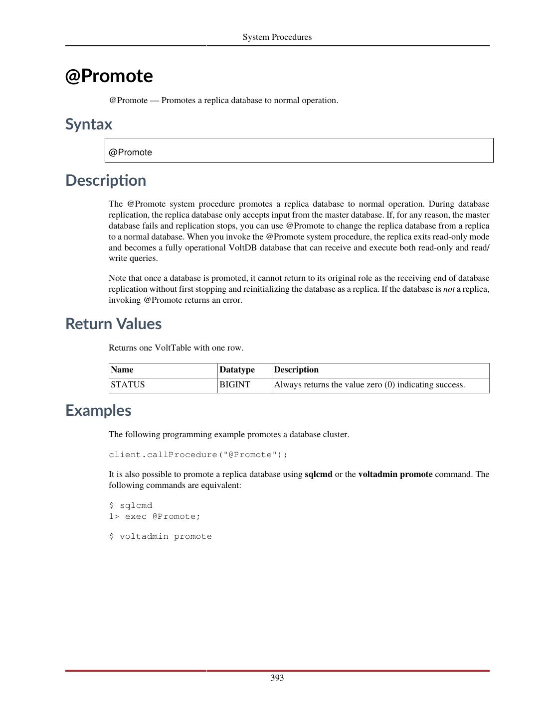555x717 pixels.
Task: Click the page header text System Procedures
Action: pos(277,37)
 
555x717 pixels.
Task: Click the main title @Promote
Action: pos(109,76)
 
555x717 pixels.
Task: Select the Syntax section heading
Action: pos(89,124)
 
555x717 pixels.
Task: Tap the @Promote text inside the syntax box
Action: pos(130,152)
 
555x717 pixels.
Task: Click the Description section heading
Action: pos(106,180)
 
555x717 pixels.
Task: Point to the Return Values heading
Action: pos(113,324)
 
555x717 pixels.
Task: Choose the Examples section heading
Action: pos(98,410)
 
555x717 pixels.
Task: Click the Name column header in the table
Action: pos(122,370)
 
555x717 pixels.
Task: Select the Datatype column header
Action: pos(237,370)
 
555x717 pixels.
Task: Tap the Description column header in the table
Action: pos(296,370)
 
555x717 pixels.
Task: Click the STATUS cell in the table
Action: pos(128,385)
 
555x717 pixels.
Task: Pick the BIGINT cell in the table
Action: pos(235,385)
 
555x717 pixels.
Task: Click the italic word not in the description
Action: pos(449,289)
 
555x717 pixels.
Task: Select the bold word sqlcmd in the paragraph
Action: pos(318,475)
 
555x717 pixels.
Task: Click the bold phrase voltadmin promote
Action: pos(395,475)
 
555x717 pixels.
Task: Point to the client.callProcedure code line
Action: pos(198,455)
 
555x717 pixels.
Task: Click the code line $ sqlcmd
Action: pos(131,505)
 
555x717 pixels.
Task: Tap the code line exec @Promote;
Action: pos(162,516)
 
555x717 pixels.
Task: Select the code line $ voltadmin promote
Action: pos(160,536)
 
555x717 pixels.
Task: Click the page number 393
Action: pos(277,678)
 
